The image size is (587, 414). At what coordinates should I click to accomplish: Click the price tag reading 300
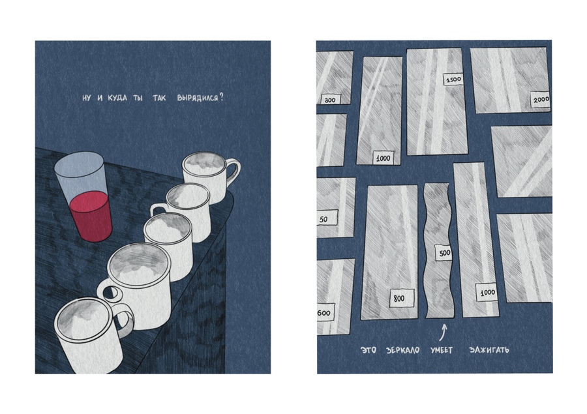[329, 100]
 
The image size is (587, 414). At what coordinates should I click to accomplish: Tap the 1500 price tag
[453, 80]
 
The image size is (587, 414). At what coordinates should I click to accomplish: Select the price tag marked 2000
[541, 99]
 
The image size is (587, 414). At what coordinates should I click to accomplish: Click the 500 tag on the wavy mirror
[444, 253]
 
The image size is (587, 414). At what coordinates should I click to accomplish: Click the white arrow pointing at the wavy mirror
[444, 333]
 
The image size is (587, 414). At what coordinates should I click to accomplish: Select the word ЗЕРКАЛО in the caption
[402, 350]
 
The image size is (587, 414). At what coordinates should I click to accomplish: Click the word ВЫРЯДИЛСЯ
[197, 98]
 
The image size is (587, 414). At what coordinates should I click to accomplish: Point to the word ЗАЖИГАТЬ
[489, 350]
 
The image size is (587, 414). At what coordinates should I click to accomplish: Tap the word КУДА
[117, 98]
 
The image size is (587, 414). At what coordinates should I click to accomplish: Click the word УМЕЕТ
[442, 350]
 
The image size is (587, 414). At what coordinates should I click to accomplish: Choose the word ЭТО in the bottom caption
[368, 350]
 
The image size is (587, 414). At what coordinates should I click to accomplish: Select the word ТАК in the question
[159, 98]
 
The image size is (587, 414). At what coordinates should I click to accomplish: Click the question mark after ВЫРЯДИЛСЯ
[222, 97]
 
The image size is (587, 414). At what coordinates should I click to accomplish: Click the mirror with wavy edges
[439, 250]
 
